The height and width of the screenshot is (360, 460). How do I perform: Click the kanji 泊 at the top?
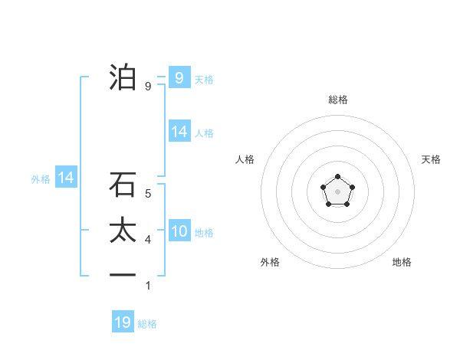[123, 77]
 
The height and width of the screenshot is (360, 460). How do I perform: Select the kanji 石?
[123, 185]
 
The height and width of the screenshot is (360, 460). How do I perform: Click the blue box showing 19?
[123, 322]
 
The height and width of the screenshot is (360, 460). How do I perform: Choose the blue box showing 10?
[179, 231]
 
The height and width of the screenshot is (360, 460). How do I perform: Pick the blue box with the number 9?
[179, 77]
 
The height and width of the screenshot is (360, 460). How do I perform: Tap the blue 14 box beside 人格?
[179, 132]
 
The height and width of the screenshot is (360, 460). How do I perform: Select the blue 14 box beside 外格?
[66, 178]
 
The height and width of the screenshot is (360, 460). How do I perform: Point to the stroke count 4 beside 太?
[148, 240]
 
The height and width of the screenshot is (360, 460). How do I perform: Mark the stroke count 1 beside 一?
[148, 286]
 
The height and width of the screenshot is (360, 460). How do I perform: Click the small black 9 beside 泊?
[148, 87]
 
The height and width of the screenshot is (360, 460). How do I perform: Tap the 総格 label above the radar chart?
[337, 100]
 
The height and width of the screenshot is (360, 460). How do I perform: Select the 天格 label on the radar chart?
[431, 159]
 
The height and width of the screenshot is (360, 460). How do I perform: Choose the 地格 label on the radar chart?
[402, 262]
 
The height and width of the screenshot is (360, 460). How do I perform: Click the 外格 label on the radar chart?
[270, 262]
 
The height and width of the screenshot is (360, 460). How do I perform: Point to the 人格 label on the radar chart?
[245, 159]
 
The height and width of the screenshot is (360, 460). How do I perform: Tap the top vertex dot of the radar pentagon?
[337, 177]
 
